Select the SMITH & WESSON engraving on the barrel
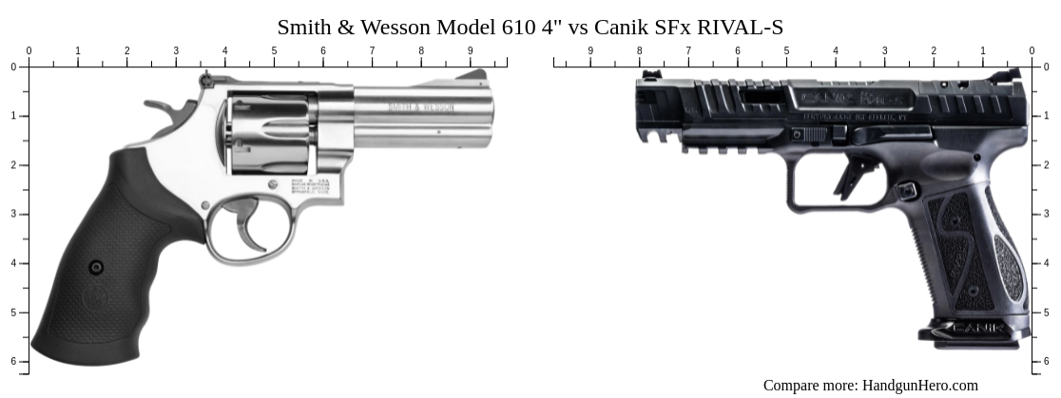click(x=420, y=107)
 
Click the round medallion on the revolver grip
click(x=95, y=268)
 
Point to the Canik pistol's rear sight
click(x=1013, y=75)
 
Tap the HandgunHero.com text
click(x=919, y=385)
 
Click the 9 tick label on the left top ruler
click(x=470, y=51)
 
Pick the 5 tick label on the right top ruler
click(x=786, y=51)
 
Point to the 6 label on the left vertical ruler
click(x=13, y=361)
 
